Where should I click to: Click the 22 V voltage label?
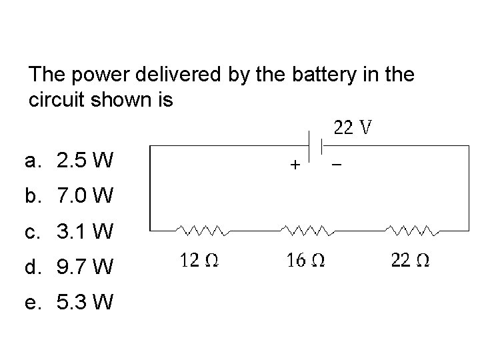tap(353, 127)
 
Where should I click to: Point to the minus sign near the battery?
tap(335, 163)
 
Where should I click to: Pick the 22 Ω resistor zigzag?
tap(411, 230)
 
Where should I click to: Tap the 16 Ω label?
tap(306, 261)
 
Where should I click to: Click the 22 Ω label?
tap(410, 261)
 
